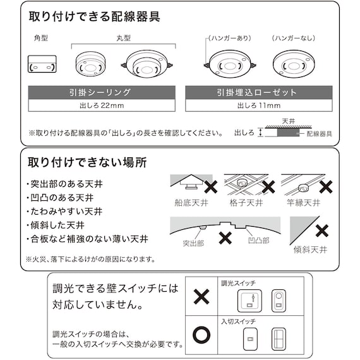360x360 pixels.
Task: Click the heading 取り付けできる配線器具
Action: click(95, 17)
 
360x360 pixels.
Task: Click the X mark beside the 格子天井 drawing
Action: click(268, 187)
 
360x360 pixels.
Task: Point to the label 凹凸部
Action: click(258, 241)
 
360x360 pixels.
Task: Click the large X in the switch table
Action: click(201, 296)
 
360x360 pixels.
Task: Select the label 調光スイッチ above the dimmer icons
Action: click(235, 282)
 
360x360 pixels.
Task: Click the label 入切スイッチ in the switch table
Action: click(235, 321)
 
